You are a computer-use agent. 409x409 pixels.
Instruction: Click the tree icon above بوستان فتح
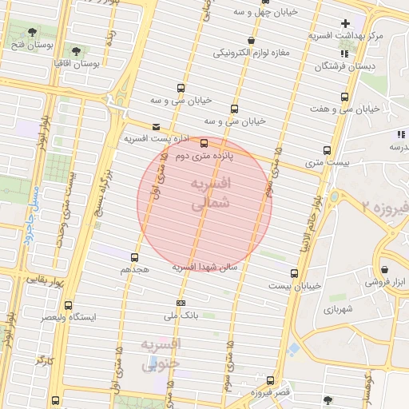pyautogui.click(x=32, y=33)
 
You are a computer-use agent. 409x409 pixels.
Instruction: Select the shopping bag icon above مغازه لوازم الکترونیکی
pyautogui.click(x=252, y=40)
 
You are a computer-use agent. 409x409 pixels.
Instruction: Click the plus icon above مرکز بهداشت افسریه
pyautogui.click(x=344, y=23)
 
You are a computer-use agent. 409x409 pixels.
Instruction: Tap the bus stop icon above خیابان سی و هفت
pyautogui.click(x=344, y=97)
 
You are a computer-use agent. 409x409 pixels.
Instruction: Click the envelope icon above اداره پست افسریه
pyautogui.click(x=155, y=126)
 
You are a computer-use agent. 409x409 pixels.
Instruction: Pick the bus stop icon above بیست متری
pyautogui.click(x=326, y=150)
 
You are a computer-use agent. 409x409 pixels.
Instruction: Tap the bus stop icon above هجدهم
pyautogui.click(x=133, y=257)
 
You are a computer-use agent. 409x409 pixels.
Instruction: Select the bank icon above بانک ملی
pyautogui.click(x=181, y=304)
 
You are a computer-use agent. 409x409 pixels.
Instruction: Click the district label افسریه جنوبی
pyautogui.click(x=161, y=353)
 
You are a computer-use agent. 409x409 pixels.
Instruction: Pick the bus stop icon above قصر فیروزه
pyautogui.click(x=271, y=380)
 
